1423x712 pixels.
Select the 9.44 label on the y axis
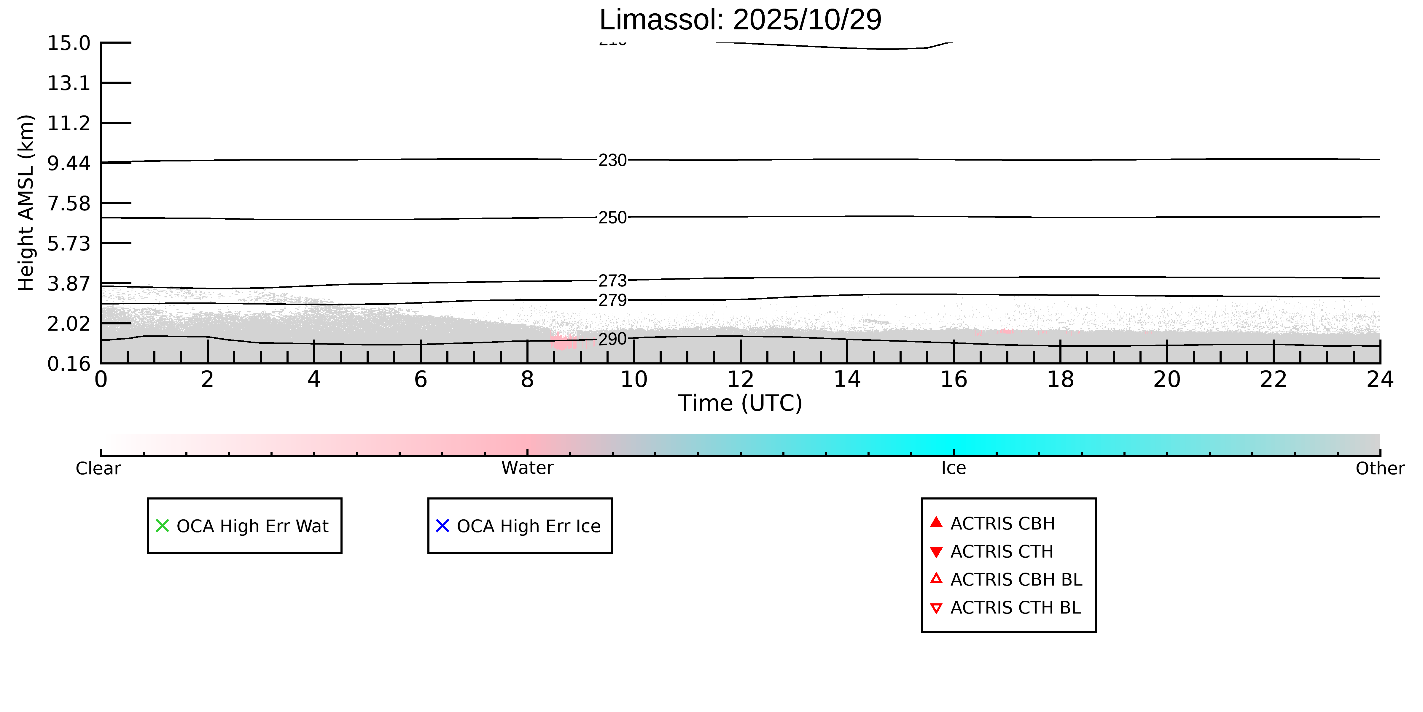[x=69, y=163]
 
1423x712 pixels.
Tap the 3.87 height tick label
[x=69, y=284]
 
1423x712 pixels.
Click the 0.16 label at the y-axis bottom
[x=69, y=364]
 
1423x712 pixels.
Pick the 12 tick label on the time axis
[x=740, y=380]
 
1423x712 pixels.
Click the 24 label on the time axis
[x=1380, y=380]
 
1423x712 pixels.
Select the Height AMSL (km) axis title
[x=26, y=203]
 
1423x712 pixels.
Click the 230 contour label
[x=613, y=160]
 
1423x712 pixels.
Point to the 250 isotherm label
[x=613, y=218]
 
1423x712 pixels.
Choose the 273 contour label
[x=613, y=281]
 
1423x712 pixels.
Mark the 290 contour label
[x=613, y=339]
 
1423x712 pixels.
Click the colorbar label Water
[x=527, y=468]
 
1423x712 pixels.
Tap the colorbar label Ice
[x=954, y=468]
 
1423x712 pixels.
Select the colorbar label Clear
[x=98, y=468]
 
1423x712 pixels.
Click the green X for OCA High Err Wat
[x=163, y=526]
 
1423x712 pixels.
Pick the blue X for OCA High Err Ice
[x=443, y=526]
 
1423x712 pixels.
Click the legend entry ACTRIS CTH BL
[x=1015, y=608]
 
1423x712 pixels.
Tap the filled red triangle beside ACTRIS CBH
[x=936, y=522]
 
